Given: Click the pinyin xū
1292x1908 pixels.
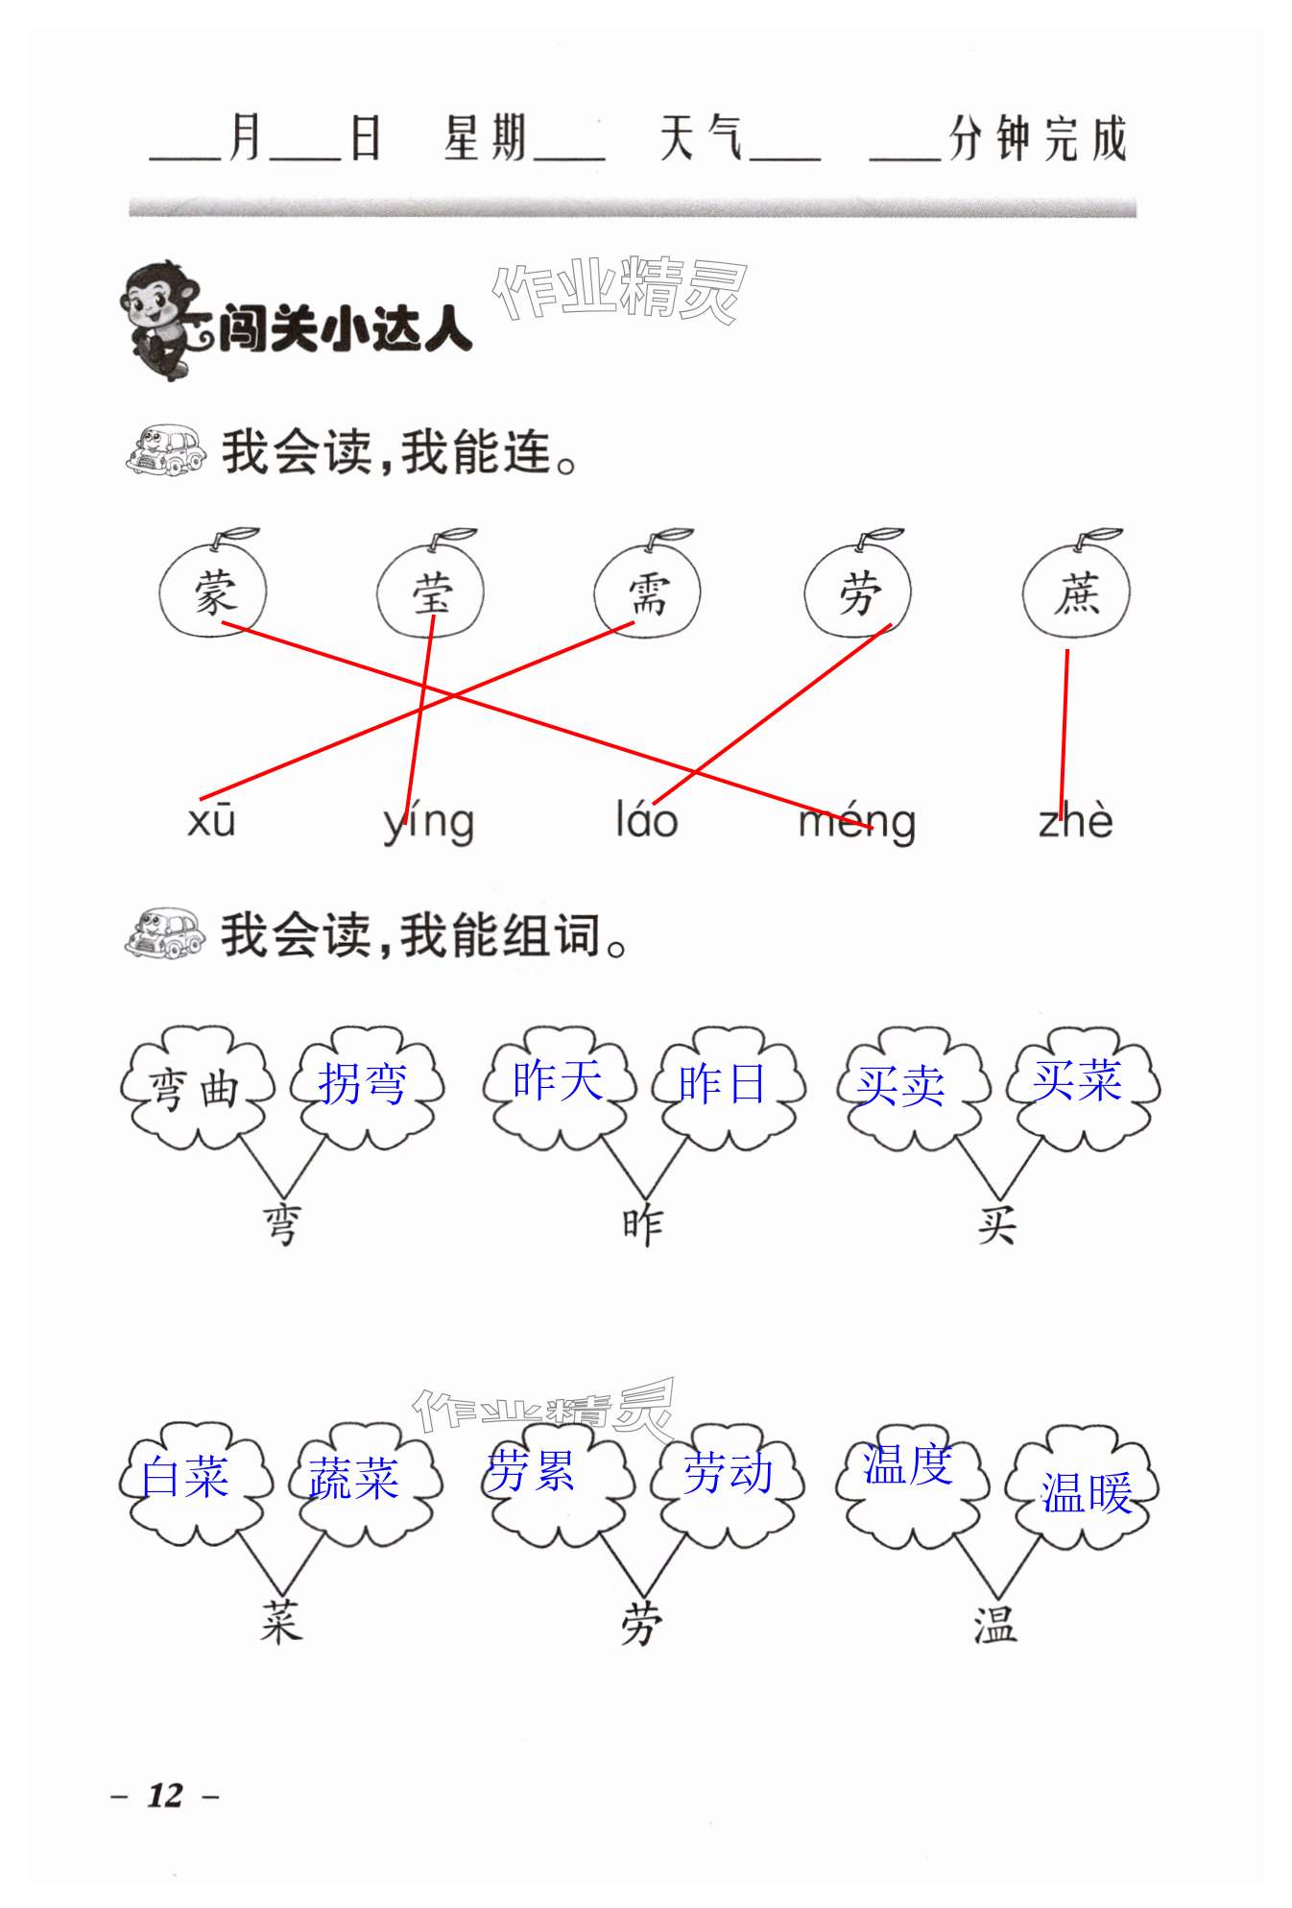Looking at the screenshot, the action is pos(212,822).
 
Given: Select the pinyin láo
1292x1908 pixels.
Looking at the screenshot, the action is pos(647,822).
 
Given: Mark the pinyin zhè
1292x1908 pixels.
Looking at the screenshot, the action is pos(1076,822).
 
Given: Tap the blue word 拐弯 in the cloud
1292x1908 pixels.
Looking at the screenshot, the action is pos(363,1084).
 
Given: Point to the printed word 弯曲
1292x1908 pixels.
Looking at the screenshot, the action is pos(195,1090).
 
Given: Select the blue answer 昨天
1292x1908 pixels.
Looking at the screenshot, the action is pos(558,1080).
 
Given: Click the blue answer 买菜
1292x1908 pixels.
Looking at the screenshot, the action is pos(1077,1080).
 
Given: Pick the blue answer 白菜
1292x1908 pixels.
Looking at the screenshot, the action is pos(184,1477).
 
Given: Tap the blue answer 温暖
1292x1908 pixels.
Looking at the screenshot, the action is pos(1087,1493).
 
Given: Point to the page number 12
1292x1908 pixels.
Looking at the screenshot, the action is pos(165,1795).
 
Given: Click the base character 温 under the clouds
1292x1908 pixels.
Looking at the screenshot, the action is pos(994,1626).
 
